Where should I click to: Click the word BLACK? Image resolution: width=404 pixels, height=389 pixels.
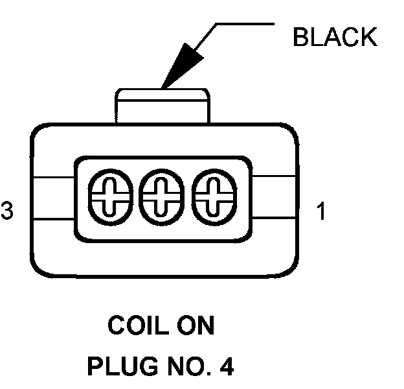(x=334, y=38)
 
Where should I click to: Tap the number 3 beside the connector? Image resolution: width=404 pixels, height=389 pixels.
(x=7, y=212)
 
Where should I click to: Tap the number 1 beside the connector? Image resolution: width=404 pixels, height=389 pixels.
(x=321, y=212)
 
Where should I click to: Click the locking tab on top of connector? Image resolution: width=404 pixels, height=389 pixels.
(x=162, y=105)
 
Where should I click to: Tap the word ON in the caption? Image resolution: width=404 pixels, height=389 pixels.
(x=196, y=325)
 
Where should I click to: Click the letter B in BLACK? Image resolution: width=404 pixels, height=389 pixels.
(x=300, y=38)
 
